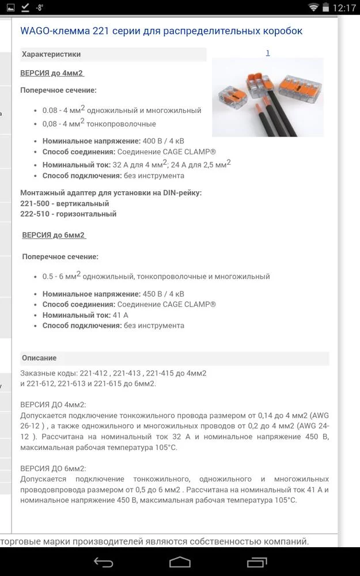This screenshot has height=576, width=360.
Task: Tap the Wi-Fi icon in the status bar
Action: coord(313,7)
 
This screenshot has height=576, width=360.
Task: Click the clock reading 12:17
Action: coord(344,8)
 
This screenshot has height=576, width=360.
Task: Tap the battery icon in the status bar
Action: coord(327,7)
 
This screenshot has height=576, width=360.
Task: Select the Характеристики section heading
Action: coord(51,54)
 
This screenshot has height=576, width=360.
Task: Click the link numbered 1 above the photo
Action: coord(268,52)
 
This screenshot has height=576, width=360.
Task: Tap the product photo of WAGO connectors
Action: coord(267,97)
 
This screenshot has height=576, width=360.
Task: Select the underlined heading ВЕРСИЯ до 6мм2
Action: coord(53,235)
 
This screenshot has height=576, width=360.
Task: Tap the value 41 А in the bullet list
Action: coord(121,315)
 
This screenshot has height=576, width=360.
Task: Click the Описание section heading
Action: coord(39,358)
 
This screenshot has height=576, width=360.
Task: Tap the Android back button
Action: coord(104,562)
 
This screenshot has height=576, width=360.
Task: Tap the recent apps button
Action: coord(256,562)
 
